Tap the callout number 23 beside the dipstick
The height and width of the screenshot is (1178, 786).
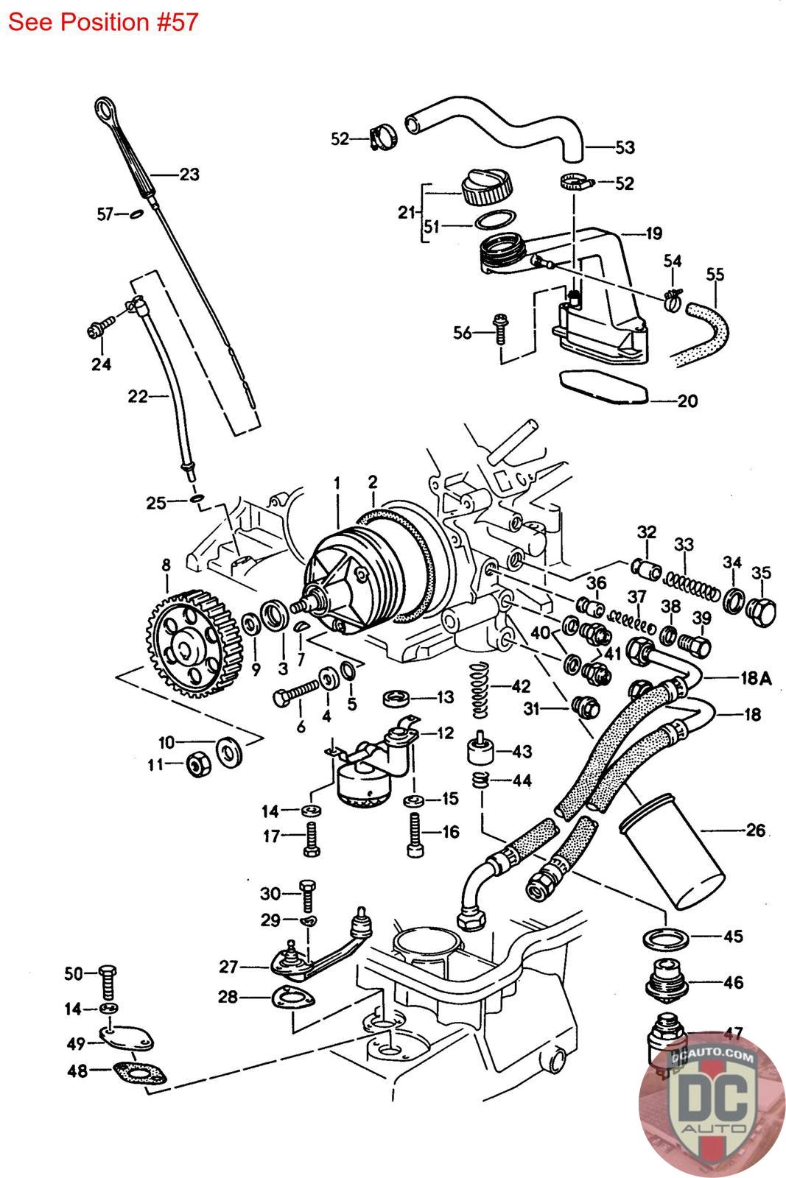(x=189, y=174)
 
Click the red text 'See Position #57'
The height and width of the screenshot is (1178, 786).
(x=103, y=22)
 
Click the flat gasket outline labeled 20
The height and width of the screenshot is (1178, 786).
(x=603, y=389)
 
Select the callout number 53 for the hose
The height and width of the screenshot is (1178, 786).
(x=625, y=147)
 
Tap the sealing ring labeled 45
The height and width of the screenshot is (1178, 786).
(x=666, y=938)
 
